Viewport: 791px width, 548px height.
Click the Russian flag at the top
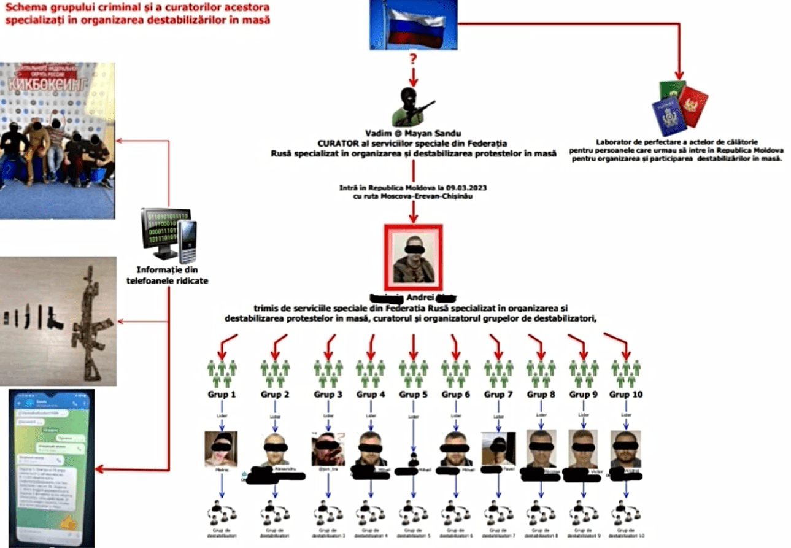click(x=412, y=24)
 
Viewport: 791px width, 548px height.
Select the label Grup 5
click(x=413, y=394)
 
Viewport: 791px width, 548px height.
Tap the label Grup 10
click(x=626, y=394)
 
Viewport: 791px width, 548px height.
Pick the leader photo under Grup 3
click(x=327, y=449)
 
